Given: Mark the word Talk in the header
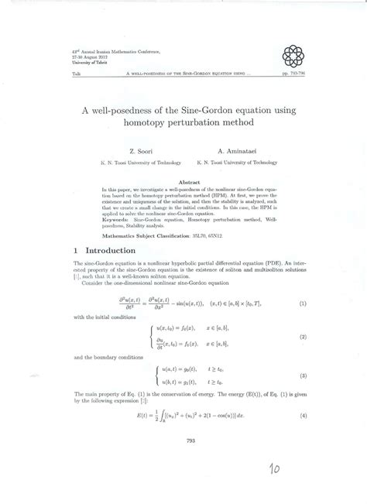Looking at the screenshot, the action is [x=55, y=72].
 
